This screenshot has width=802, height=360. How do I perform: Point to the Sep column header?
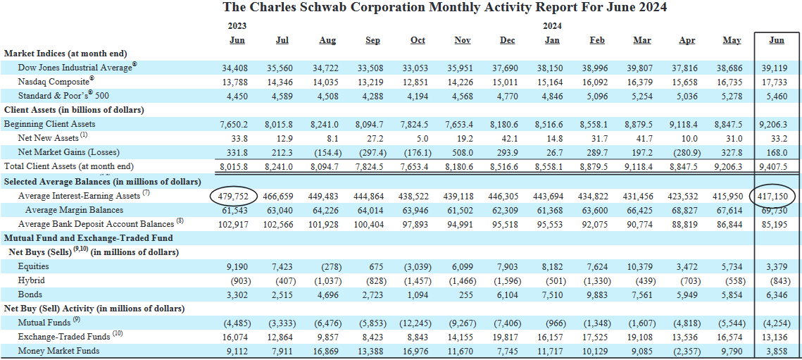[372, 40]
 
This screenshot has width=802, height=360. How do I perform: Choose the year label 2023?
[237, 25]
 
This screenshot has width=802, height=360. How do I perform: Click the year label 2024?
[552, 25]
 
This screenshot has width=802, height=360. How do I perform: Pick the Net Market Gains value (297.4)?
[372, 152]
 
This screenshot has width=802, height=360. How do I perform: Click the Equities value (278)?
[327, 266]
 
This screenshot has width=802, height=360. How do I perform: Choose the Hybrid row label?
[32, 280]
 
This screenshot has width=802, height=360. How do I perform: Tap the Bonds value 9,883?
[597, 294]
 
